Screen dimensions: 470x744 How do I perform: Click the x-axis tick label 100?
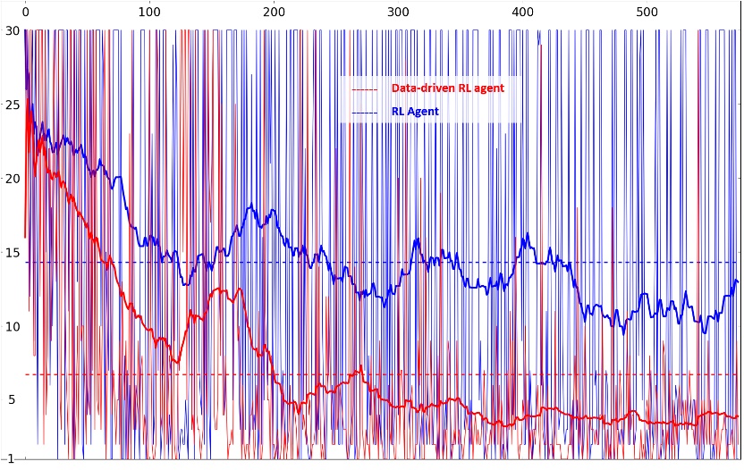[x=149, y=13]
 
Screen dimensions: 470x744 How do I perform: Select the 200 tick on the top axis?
[x=275, y=13]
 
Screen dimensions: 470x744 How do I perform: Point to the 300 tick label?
[x=399, y=13]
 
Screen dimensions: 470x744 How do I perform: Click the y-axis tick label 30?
[x=12, y=30]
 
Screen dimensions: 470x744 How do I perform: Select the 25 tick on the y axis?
[x=12, y=105]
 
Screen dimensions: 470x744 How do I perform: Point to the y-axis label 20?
[x=12, y=179]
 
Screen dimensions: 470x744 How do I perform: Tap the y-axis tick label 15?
[x=12, y=253]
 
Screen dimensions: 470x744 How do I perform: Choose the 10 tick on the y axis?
[x=12, y=326]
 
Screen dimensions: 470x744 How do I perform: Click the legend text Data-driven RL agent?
[x=447, y=88]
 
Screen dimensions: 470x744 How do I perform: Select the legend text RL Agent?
[x=415, y=113]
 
